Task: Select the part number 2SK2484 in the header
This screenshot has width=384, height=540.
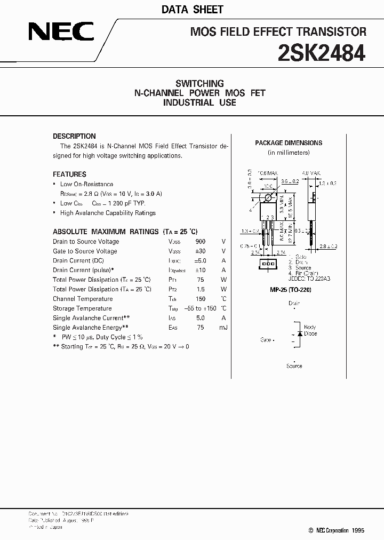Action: (x=322, y=53)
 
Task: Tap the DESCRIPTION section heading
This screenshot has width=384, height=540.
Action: (x=74, y=136)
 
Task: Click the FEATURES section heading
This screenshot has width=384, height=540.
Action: (x=69, y=174)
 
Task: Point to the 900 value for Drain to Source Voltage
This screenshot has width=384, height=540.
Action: (x=201, y=242)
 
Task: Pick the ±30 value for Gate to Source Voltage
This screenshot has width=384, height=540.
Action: (x=201, y=251)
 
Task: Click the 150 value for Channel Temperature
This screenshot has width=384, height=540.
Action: (x=201, y=299)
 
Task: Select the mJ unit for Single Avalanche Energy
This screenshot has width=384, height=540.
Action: (x=223, y=328)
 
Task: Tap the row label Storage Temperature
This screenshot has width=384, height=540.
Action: (x=82, y=308)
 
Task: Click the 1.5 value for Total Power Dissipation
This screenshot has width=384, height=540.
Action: (x=201, y=289)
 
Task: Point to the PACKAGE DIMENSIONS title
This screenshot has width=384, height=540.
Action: (x=289, y=143)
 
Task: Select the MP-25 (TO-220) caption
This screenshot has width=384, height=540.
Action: (x=291, y=289)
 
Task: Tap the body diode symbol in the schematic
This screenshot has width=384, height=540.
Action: (x=300, y=333)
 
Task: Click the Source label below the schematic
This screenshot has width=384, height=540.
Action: (x=294, y=366)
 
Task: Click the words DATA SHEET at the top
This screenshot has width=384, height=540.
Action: (x=192, y=10)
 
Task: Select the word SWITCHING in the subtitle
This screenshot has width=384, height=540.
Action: (x=199, y=83)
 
